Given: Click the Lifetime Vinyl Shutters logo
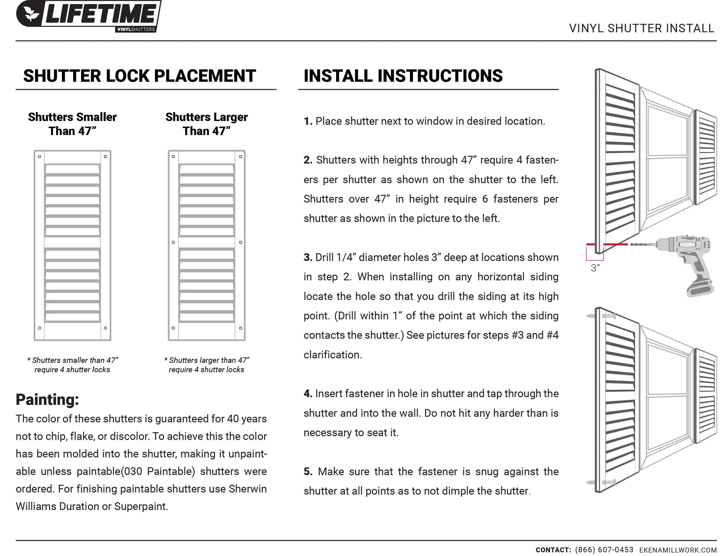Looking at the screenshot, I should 89,16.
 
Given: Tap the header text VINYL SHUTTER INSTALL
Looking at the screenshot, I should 641,29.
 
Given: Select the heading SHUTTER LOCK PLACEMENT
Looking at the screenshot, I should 139,76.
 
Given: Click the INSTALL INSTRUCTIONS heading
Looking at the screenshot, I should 403,76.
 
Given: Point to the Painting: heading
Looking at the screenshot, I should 47,399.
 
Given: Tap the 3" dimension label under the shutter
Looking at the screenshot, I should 595,268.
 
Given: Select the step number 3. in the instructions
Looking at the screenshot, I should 308,257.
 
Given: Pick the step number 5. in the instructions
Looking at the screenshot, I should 308,472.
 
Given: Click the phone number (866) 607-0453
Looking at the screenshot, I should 604,550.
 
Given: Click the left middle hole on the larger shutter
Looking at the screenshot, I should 173,242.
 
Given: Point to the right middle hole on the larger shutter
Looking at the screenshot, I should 241,242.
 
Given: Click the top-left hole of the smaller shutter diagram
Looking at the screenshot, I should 39,157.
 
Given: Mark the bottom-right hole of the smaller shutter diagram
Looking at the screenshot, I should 105,328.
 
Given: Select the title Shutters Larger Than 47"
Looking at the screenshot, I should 207,124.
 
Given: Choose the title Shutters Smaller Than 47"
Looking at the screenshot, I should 72,124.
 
